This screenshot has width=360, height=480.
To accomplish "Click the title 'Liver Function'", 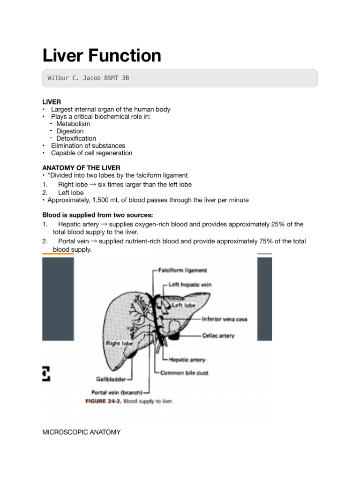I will click(102, 56).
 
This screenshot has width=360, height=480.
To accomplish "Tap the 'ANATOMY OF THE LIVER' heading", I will click(81, 168).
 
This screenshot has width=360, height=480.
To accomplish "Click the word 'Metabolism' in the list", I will click(73, 124).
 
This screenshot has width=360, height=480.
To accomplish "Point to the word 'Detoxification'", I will click(76, 138).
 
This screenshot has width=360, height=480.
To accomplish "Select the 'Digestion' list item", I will click(71, 131).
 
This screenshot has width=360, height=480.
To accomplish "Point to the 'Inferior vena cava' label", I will click(225, 319).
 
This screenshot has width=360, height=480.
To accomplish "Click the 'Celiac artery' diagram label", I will click(218, 336).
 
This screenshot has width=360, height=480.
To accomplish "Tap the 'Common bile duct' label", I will click(184, 373).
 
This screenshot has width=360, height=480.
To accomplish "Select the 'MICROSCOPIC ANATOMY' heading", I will click(81, 432).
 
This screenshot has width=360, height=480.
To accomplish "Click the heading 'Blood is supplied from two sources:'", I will click(97, 215).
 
